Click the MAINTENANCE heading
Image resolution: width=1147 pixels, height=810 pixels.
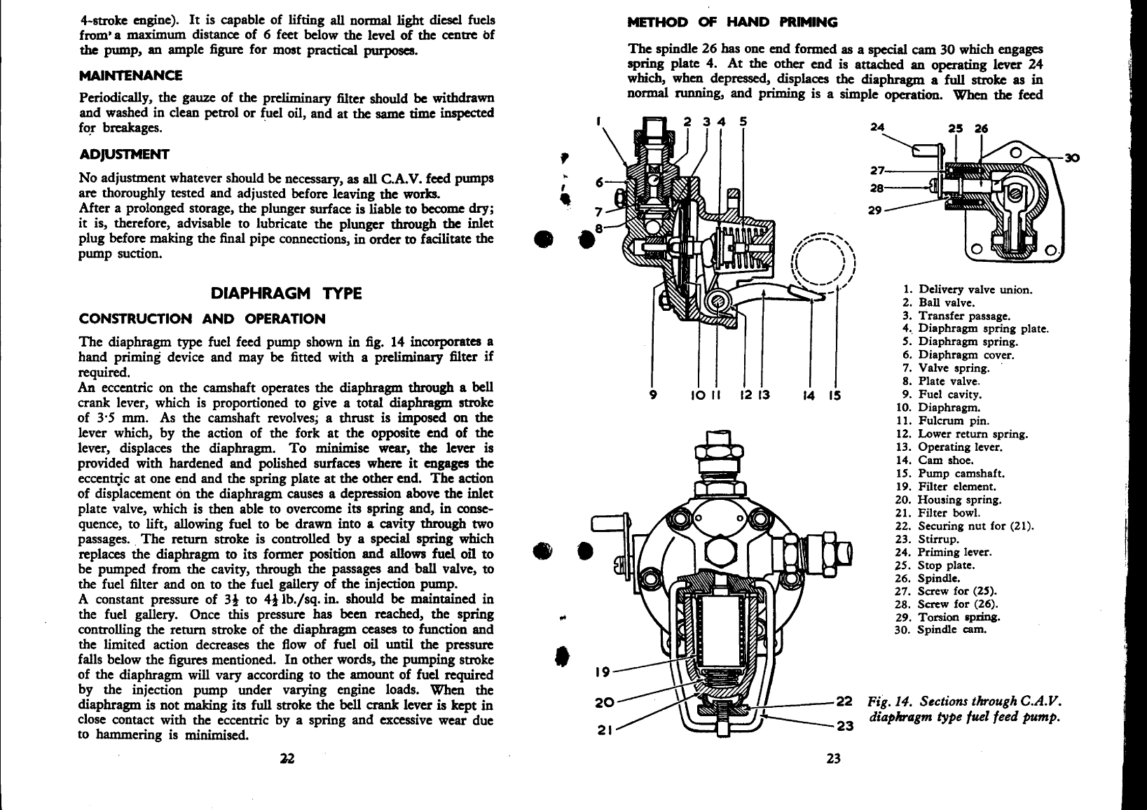130,76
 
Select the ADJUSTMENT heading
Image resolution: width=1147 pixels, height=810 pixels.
124,155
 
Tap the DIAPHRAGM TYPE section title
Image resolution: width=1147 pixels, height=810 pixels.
287,293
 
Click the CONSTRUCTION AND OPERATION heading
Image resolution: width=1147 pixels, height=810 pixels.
202,319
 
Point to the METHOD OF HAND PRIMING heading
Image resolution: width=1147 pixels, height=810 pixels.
732,22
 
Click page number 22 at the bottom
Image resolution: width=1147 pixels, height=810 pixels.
287,758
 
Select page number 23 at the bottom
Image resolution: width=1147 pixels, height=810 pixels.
833,758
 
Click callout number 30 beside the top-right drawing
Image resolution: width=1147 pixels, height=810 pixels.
1072,158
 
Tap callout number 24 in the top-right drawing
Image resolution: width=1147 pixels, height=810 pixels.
878,127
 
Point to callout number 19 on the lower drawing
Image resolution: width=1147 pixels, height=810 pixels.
603,672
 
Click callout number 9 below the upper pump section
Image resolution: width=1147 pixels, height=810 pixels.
653,395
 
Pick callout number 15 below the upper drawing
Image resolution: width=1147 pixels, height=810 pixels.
835,395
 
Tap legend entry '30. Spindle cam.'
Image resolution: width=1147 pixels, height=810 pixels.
940,629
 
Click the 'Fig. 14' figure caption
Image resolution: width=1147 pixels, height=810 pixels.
963,708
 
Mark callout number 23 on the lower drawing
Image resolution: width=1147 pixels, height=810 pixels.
846,725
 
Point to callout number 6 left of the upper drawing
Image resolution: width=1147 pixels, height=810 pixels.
600,182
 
